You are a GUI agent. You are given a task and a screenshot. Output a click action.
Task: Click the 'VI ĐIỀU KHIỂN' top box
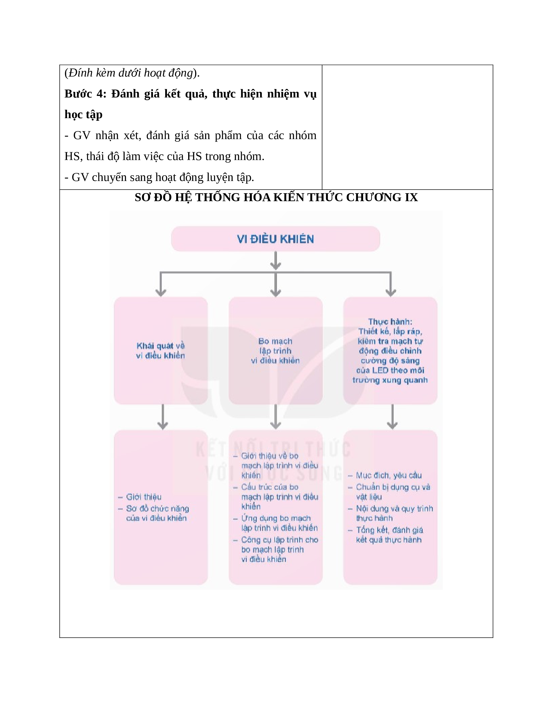pos(275,239)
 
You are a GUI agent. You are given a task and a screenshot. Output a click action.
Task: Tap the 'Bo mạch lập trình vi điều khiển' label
pos(275,351)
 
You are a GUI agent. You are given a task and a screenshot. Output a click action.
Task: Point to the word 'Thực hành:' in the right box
pos(390,322)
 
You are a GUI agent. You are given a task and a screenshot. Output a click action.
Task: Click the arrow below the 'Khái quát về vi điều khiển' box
pos(163,417)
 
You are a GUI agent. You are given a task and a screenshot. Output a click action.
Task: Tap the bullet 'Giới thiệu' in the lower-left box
pos(144,497)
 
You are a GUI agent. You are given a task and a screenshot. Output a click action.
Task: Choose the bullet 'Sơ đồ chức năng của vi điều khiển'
pos(157,513)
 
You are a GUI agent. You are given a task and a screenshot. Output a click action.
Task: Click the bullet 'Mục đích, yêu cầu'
pos(388,475)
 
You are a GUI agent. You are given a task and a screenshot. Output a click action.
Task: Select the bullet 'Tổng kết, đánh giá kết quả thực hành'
pos(389,535)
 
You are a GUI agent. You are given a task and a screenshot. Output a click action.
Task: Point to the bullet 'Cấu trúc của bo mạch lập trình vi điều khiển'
pos(279,496)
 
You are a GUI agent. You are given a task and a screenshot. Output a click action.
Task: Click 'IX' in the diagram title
pos(411,198)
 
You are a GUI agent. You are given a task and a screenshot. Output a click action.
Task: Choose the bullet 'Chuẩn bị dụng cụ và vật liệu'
pos(393,491)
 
